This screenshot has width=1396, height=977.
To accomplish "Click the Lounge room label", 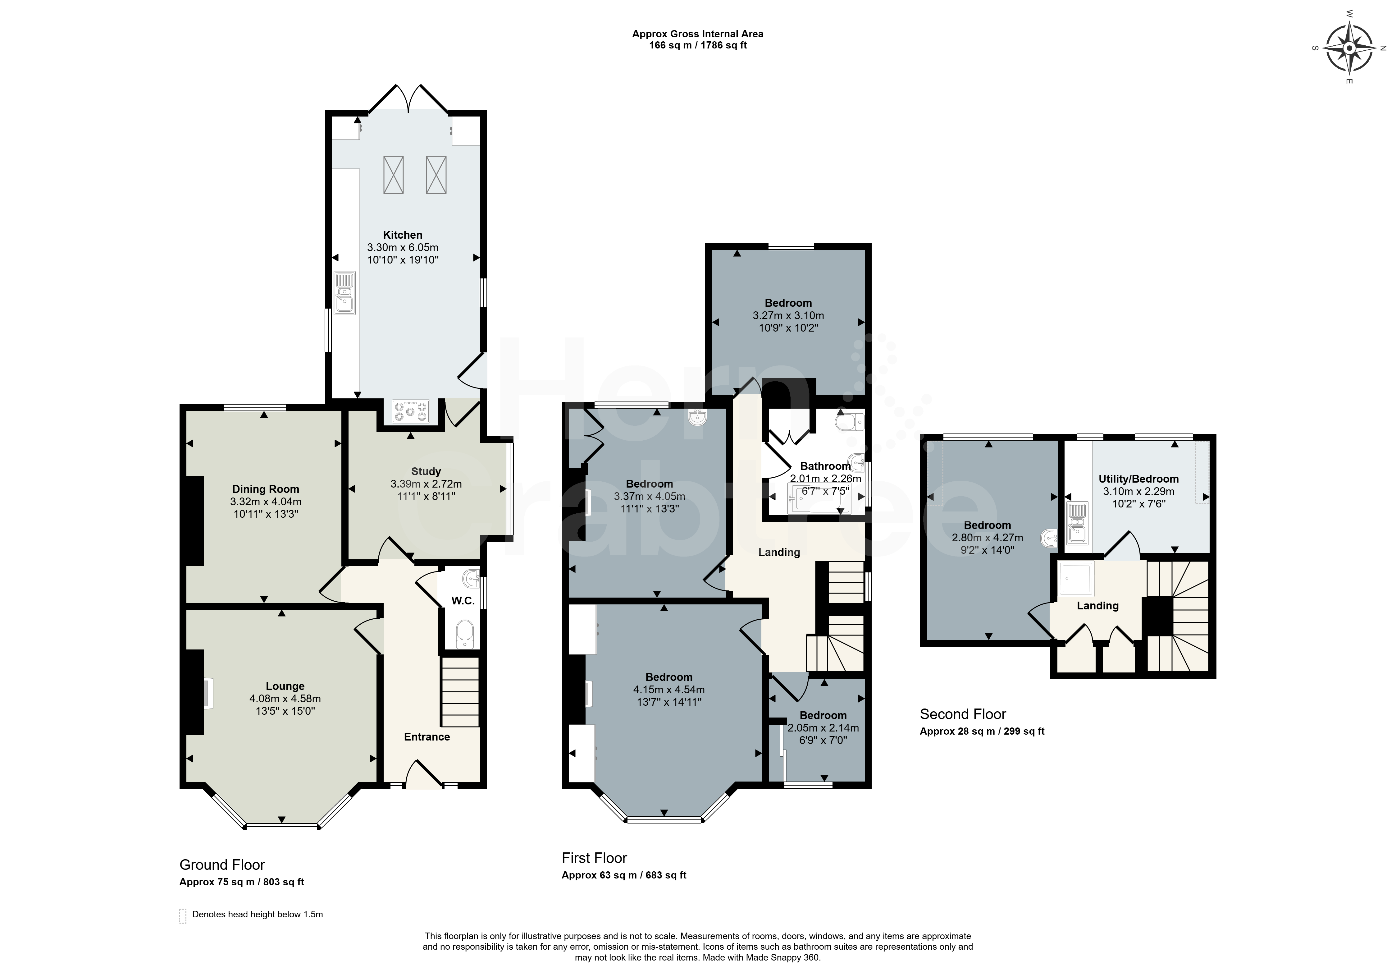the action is click(285, 686).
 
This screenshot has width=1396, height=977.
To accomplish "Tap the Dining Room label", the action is click(266, 489).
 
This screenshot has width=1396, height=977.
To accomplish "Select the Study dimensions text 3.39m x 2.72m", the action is click(426, 484).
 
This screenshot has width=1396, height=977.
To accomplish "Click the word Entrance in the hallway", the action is click(427, 737).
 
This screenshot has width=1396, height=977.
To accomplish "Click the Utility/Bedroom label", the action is click(1139, 479).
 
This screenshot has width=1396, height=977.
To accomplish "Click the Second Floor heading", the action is click(963, 714).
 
